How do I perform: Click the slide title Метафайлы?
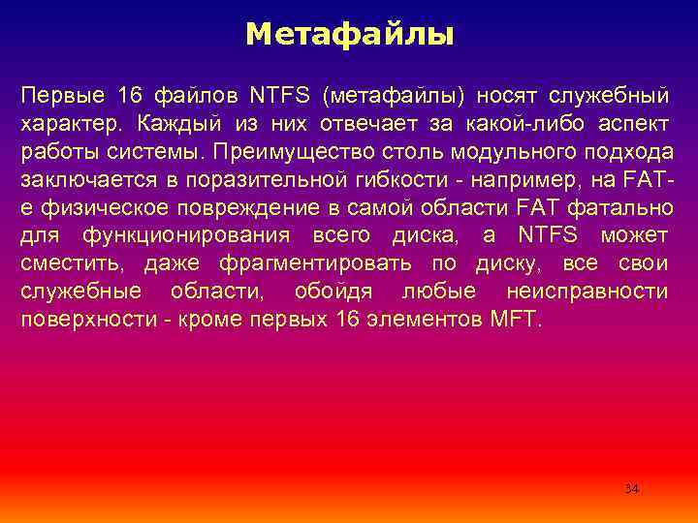click(349, 36)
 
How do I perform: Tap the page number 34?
click(631, 488)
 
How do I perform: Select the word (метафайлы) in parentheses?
click(395, 97)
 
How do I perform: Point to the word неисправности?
click(587, 292)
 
